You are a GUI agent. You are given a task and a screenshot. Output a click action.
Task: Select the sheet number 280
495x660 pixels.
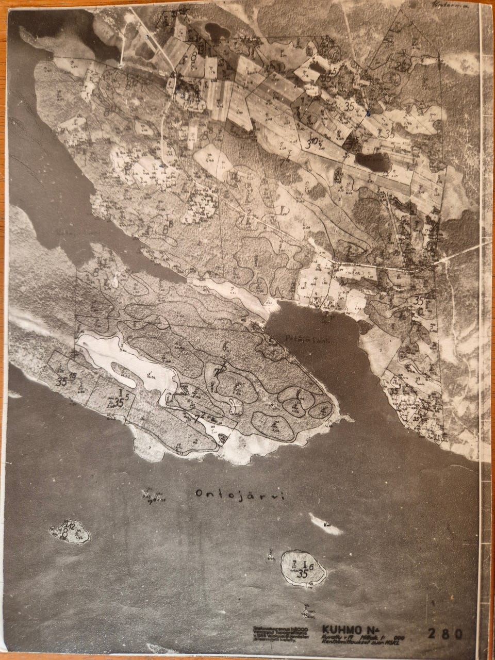[x=445, y=633]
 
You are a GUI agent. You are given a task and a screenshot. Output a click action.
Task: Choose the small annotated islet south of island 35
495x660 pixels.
[x=308, y=612]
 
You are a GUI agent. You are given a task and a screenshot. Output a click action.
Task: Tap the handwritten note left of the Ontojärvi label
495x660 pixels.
[x=154, y=496]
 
